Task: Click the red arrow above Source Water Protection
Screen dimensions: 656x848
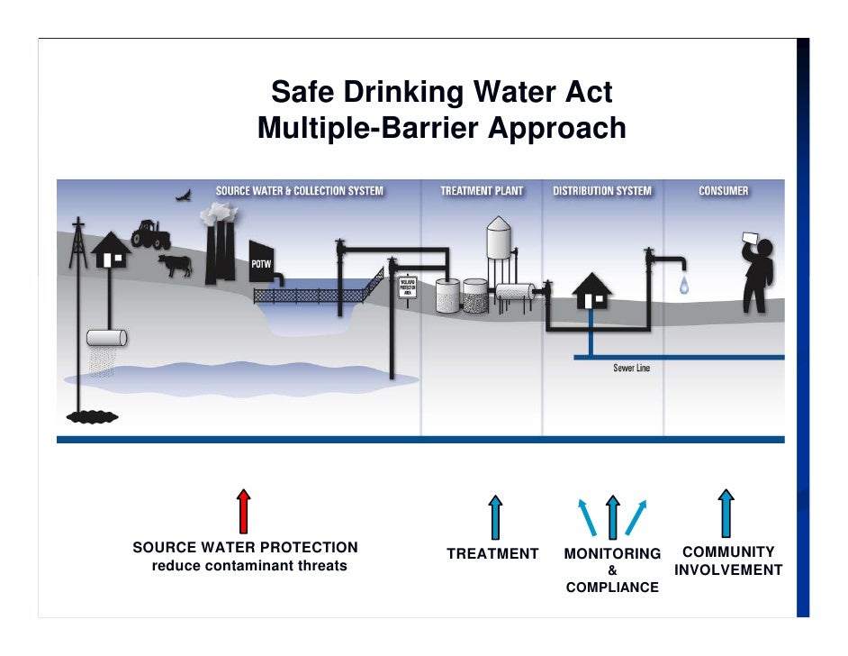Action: pyautogui.click(x=243, y=511)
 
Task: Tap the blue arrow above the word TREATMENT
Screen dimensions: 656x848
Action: pyautogui.click(x=494, y=516)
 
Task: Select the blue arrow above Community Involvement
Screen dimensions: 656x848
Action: pyautogui.click(x=726, y=513)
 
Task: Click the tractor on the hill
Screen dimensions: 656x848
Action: pyautogui.click(x=150, y=234)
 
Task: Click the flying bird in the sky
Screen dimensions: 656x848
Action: pyautogui.click(x=184, y=194)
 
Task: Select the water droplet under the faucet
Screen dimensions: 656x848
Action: pyautogui.click(x=685, y=286)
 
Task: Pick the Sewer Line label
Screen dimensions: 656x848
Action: pyautogui.click(x=631, y=368)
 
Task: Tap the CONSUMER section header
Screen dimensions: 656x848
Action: pyautogui.click(x=723, y=191)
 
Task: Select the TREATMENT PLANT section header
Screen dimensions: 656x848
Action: pyautogui.click(x=482, y=191)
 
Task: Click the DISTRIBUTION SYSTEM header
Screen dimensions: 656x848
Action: pyautogui.click(x=601, y=191)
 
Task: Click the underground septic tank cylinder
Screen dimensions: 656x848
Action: pyautogui.click(x=106, y=339)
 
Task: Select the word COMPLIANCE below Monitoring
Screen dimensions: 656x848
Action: pyautogui.click(x=612, y=588)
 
